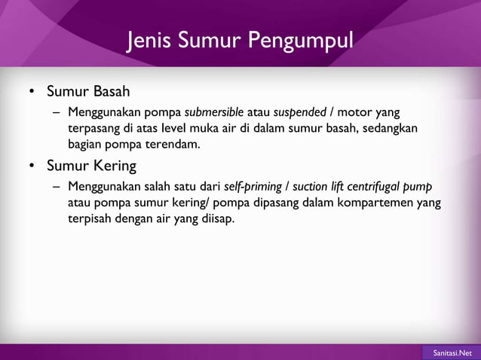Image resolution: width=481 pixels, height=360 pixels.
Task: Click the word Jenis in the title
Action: tap(149, 39)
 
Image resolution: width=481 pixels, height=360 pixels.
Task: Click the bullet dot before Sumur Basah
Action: tap(32, 93)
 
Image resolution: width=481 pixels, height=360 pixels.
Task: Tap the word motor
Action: tap(351, 112)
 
